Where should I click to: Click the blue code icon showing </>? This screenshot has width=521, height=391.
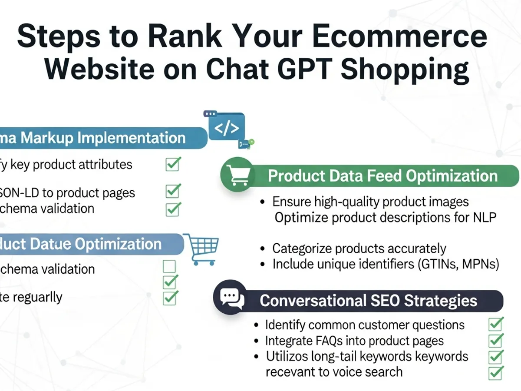(227, 128)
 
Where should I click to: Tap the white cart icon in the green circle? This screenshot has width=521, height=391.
(237, 176)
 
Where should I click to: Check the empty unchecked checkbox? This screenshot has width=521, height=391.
(169, 266)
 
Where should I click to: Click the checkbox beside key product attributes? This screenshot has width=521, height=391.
(172, 164)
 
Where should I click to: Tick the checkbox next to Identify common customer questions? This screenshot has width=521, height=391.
(495, 324)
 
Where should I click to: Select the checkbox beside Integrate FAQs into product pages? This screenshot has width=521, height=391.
(495, 340)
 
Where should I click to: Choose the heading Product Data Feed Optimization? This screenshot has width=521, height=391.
(383, 176)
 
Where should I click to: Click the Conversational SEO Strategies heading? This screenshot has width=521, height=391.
(368, 301)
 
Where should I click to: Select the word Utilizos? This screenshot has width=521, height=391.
(287, 357)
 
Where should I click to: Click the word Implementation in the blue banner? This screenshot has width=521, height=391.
(132, 138)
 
